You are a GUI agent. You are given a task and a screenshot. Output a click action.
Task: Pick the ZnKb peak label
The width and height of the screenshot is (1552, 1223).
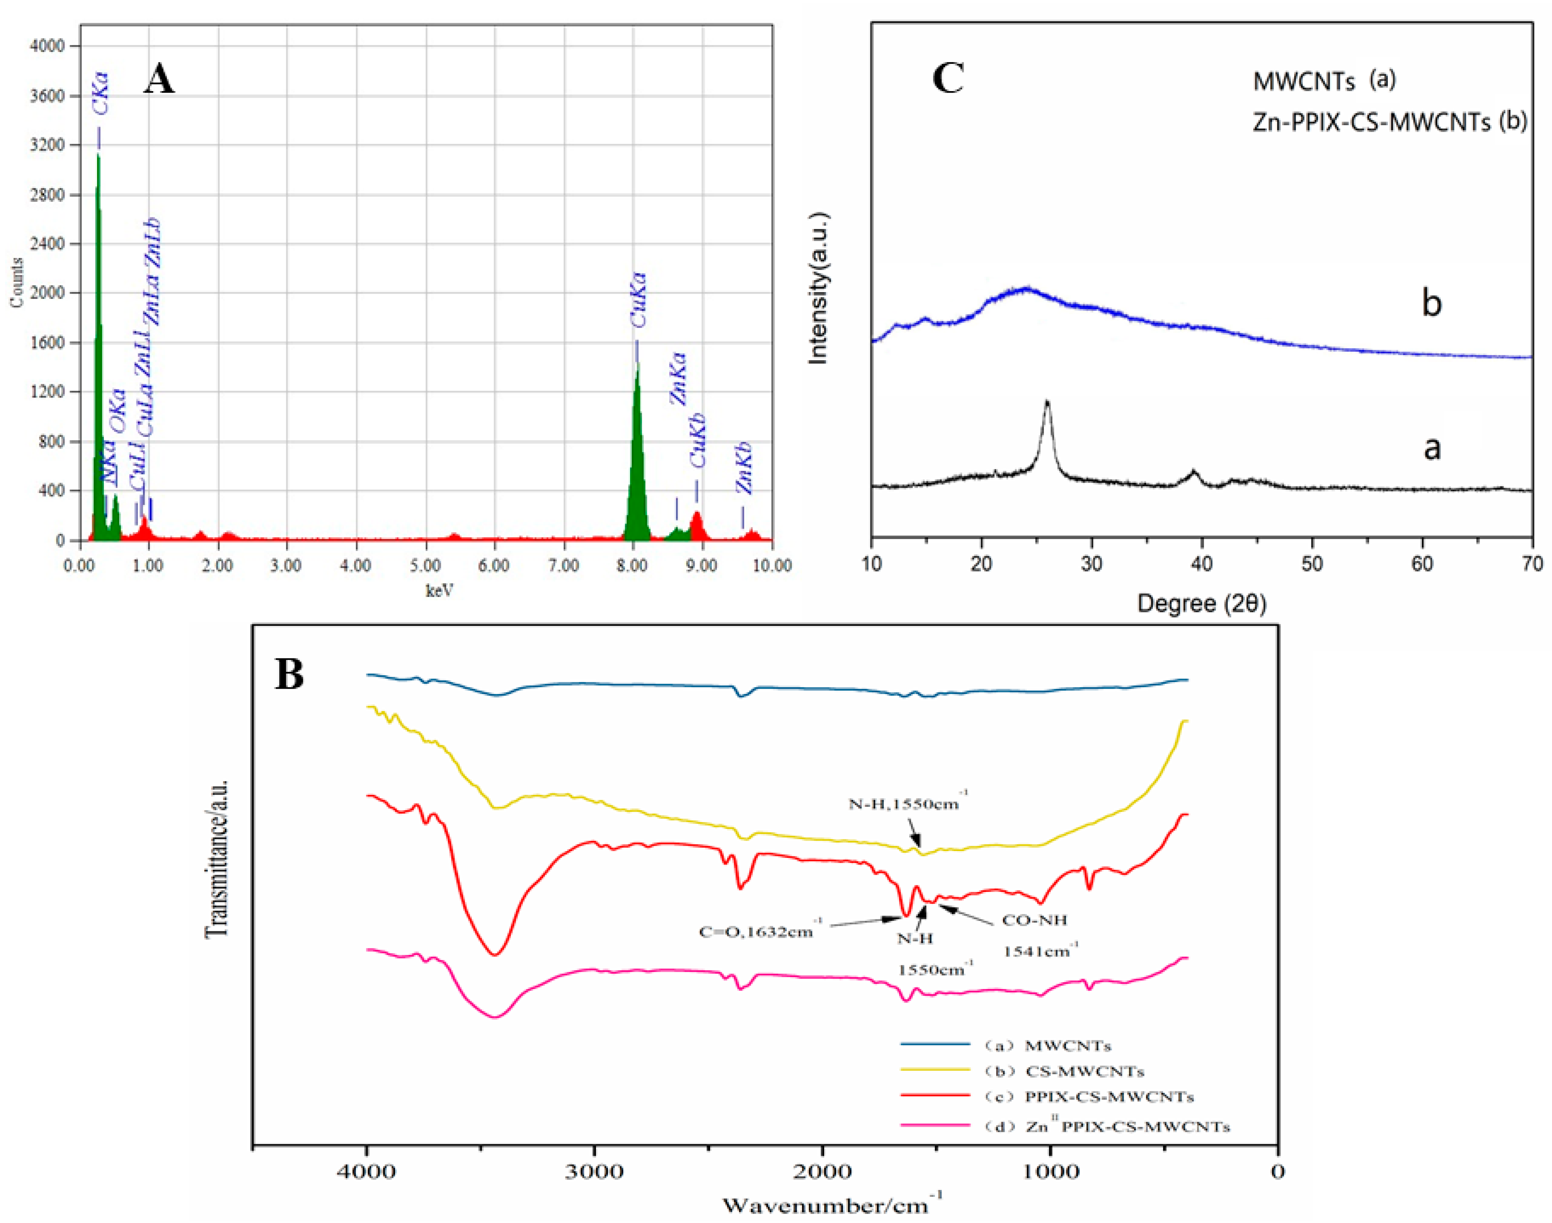[744, 468]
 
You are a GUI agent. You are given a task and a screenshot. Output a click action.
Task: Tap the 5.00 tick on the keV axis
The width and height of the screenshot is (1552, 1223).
[425, 566]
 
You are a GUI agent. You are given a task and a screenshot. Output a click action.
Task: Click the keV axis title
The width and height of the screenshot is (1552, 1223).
[439, 591]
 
